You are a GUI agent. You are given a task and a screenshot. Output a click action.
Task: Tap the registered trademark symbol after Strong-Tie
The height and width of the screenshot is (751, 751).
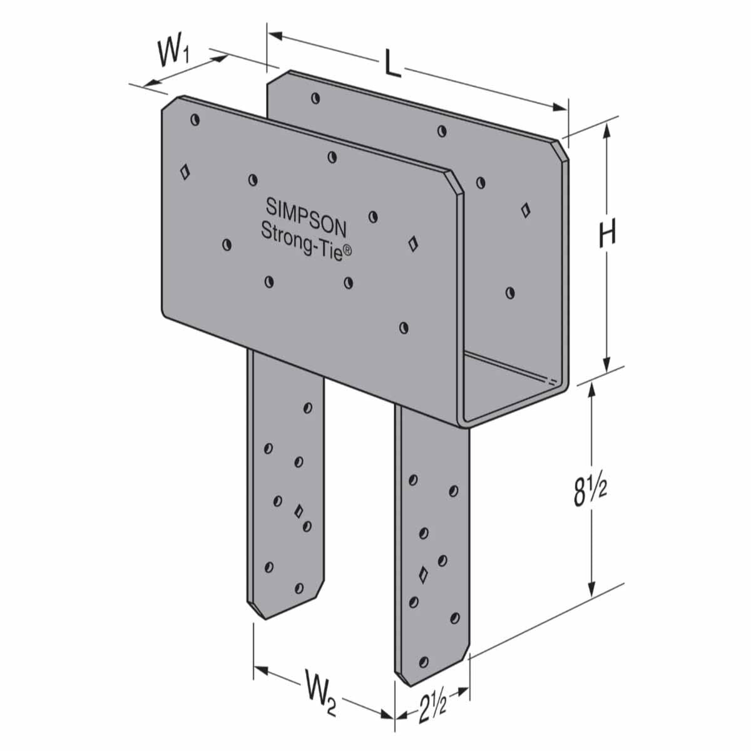coord(349,250)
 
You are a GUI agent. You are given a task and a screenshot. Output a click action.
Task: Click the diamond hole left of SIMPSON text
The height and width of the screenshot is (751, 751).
coord(185,172)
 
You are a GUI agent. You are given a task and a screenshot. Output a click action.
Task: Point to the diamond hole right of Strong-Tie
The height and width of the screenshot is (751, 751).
coord(412,243)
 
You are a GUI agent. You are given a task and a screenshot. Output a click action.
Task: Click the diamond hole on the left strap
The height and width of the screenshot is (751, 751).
coord(299,510)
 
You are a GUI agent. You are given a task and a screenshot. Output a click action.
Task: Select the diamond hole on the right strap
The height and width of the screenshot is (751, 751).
coord(423,573)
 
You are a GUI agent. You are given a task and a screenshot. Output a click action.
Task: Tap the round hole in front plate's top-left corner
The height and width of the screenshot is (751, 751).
coord(195,119)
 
